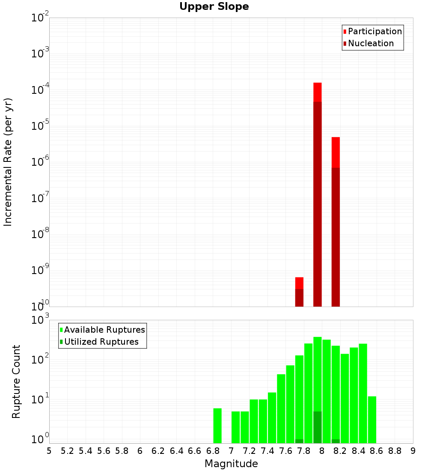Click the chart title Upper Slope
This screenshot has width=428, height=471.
pos(214,7)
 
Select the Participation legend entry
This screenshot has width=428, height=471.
pos(374,31)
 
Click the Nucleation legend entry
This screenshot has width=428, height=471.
pos(370,43)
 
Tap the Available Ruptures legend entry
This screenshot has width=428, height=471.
pos(104,330)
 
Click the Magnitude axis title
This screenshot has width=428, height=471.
pos(231,464)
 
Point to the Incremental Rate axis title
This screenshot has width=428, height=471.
pos(8,162)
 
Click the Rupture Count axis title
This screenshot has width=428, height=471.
pos(16,382)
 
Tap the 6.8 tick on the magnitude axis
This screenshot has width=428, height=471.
pos(213,451)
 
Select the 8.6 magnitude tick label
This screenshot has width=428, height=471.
pos(377,451)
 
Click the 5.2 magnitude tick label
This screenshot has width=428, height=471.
pos(67,451)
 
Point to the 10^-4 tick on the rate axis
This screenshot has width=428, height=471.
pos(40,90)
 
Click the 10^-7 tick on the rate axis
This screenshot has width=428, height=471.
pos(40,198)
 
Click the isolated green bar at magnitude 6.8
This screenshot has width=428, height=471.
pos(217,426)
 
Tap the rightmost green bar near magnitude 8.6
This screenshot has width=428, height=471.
pos(372,420)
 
